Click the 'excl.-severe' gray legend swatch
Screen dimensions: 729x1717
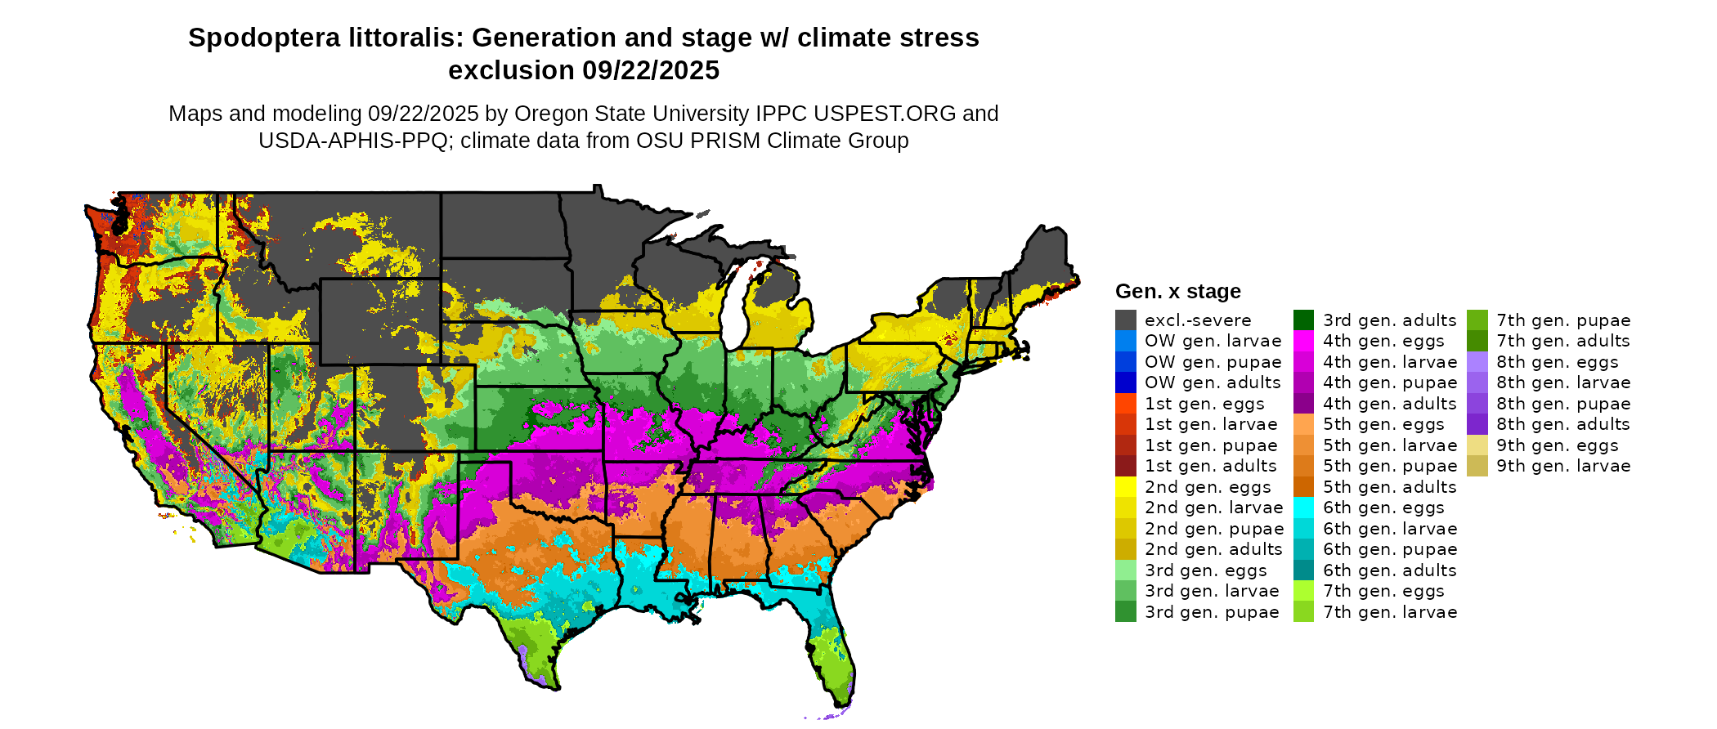pos(1125,320)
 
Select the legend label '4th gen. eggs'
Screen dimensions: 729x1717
pos(1383,341)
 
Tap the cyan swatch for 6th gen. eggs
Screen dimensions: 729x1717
pos(1303,508)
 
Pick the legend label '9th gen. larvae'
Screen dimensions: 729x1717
pos(1563,466)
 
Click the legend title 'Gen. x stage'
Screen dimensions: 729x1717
pos(1177,292)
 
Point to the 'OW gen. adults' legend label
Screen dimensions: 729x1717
pos(1213,382)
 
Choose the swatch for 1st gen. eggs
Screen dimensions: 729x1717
pos(1125,404)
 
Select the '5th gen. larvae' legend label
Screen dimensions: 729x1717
pos(1390,445)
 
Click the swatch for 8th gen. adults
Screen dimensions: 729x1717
pos(1477,424)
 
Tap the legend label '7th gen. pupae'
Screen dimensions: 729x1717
pos(1563,320)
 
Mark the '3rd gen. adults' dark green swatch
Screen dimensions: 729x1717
pos(1303,320)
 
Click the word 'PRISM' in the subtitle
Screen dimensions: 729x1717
pos(726,141)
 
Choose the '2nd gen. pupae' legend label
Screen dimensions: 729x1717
pos(1214,529)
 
